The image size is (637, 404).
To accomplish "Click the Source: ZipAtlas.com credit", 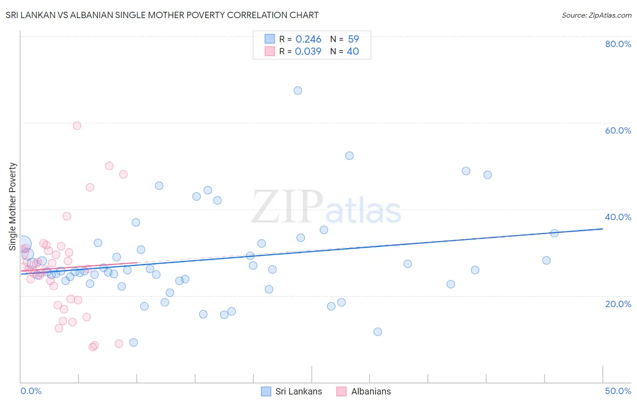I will (596, 15).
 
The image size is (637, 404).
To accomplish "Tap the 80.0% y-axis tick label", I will (618, 44).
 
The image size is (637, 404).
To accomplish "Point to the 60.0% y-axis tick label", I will (618, 130).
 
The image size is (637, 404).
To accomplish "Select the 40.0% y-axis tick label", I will (618, 217).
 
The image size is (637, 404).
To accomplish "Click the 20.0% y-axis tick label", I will (618, 303).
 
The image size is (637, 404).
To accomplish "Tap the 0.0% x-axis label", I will (31, 391).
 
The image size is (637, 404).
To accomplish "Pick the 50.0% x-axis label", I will (618, 391).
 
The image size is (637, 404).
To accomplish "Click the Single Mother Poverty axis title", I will (13, 207).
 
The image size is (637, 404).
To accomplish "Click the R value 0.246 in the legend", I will (308, 39).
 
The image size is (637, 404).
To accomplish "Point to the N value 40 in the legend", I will (352, 51).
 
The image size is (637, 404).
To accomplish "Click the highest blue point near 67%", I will (298, 91).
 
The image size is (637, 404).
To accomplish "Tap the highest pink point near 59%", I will (77, 125).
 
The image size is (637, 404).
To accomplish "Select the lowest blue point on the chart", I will (134, 342).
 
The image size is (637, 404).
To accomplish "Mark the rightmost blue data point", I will (554, 233).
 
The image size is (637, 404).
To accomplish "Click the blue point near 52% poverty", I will (349, 156).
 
